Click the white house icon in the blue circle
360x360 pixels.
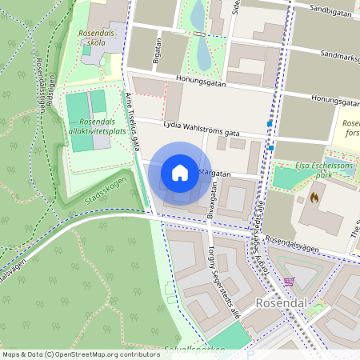[x=179, y=173]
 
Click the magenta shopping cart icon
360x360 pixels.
[x=289, y=282]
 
